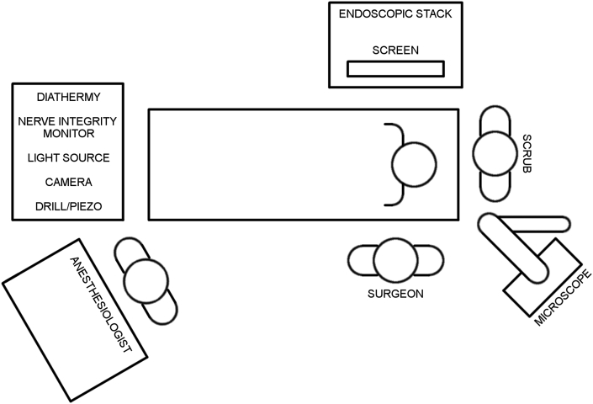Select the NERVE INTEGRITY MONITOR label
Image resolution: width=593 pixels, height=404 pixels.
tap(67, 127)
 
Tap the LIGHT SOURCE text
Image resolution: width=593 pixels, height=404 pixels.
tap(69, 157)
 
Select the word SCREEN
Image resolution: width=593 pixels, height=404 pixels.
tap(395, 50)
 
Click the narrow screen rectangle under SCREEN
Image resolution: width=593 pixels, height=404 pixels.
tap(395, 70)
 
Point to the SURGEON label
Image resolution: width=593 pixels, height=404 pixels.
tap(394, 294)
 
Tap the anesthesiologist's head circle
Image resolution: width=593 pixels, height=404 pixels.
tap(145, 280)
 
